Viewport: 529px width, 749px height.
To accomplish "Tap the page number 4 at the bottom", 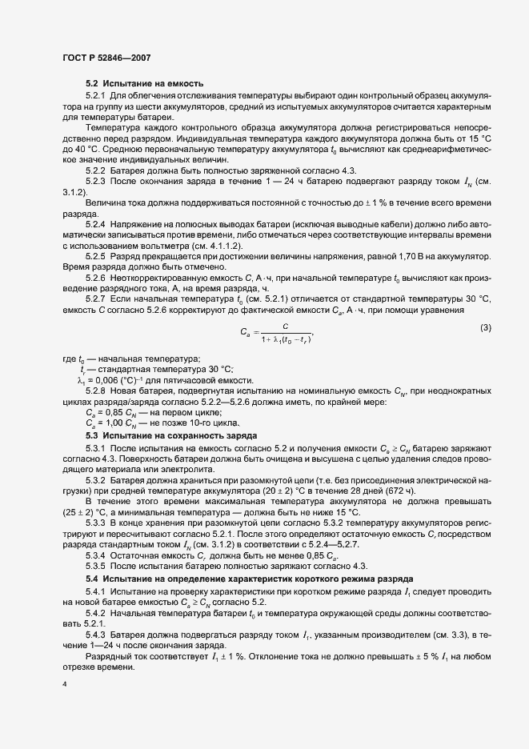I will pyautogui.click(x=62, y=685).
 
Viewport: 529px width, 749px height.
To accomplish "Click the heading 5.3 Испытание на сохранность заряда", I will pyautogui.click(x=160, y=435).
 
